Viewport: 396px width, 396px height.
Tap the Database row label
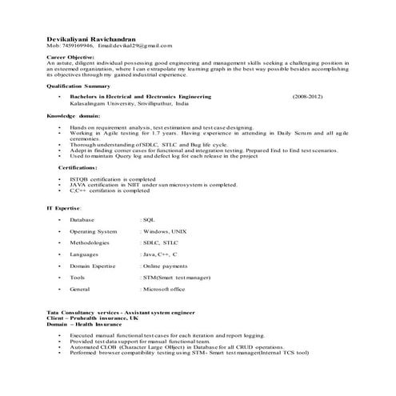[82, 218]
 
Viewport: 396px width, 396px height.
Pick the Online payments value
[164, 265]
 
